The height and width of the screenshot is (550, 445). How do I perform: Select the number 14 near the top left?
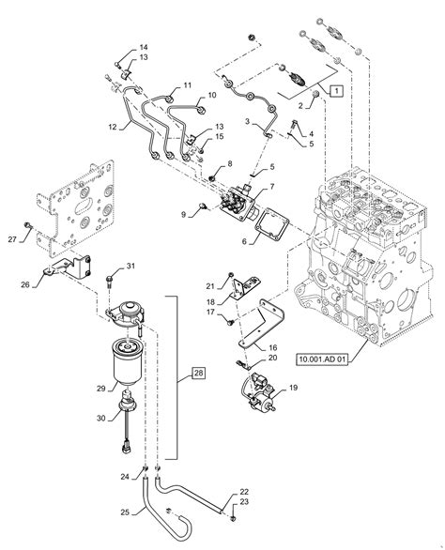point(144,47)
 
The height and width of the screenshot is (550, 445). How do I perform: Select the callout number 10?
point(212,96)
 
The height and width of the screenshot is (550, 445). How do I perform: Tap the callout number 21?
point(209,285)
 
